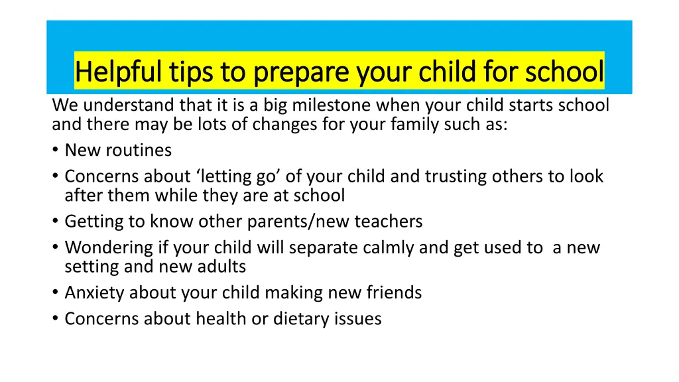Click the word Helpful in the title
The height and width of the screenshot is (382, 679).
click(x=118, y=72)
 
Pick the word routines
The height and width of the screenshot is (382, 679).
click(x=139, y=151)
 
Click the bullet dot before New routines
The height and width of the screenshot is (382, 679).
click(x=55, y=150)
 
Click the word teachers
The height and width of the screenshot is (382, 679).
click(x=389, y=222)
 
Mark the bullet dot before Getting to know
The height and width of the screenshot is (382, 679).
click(x=55, y=221)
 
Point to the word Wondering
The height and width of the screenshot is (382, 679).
click(x=109, y=248)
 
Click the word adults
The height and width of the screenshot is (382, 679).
click(x=221, y=267)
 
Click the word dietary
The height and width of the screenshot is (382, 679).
click(x=302, y=319)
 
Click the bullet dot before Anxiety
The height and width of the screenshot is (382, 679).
click(x=55, y=292)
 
